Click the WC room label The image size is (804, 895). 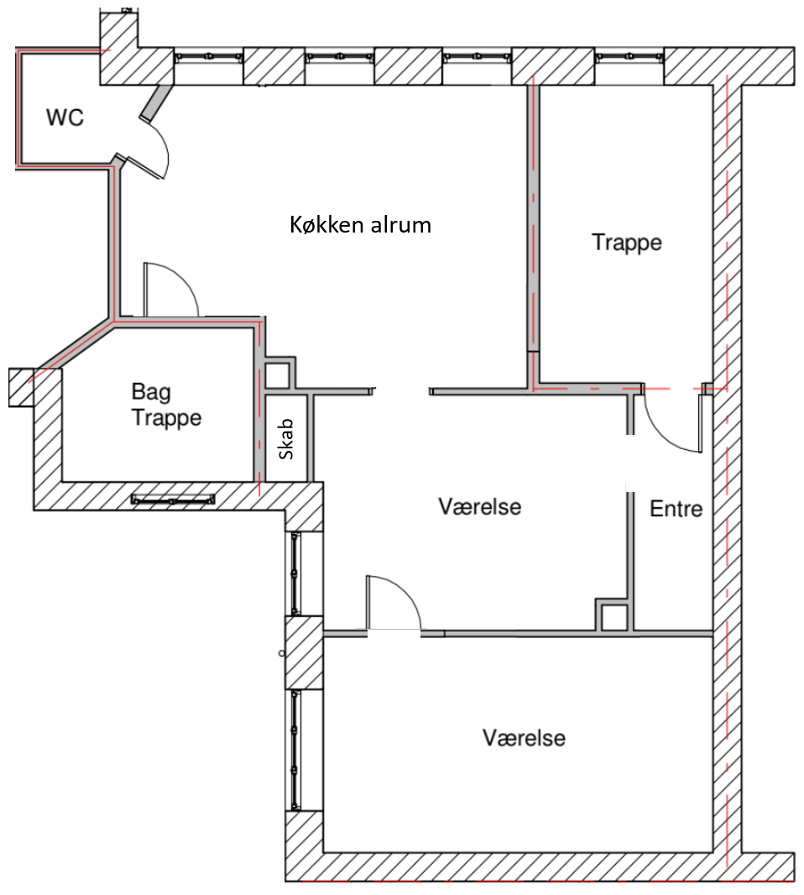click(65, 118)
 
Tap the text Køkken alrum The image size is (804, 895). click(360, 225)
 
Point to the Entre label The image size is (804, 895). click(676, 508)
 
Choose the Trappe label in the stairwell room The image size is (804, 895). click(626, 242)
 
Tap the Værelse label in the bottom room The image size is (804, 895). click(524, 738)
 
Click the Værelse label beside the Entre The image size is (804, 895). click(479, 506)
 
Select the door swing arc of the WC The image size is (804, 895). click(159, 151)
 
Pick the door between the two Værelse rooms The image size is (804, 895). click(393, 603)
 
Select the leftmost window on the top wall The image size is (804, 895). click(208, 57)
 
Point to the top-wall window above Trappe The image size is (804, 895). click(629, 57)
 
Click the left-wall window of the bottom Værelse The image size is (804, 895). click(295, 749)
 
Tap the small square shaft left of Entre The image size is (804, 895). click(613, 616)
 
